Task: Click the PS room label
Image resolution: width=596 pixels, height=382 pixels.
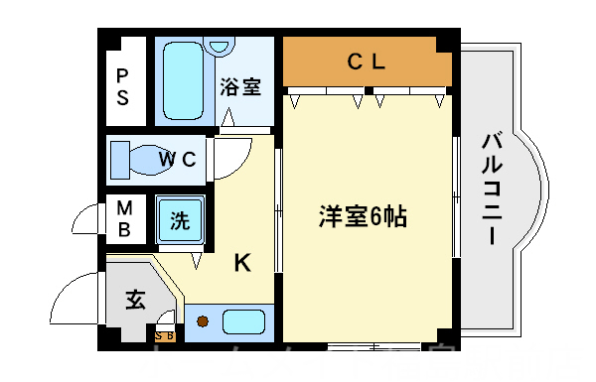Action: coord(122,86)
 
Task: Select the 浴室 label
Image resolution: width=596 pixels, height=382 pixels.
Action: coord(240,86)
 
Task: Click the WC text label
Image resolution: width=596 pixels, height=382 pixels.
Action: coord(180,158)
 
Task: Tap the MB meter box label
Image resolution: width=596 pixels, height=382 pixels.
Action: coord(124,219)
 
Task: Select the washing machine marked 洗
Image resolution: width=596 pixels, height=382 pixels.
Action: coord(179,219)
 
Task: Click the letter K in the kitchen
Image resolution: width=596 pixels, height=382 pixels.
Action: coord(241,263)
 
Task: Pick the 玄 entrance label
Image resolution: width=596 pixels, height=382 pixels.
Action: coord(135,299)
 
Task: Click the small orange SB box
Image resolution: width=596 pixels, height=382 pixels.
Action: coord(165,335)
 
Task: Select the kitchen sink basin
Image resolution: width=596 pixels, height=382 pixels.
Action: coord(243,321)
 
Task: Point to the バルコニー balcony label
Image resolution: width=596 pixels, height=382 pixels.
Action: coord(490,189)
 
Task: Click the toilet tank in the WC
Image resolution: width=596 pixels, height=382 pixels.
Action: coord(119,158)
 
